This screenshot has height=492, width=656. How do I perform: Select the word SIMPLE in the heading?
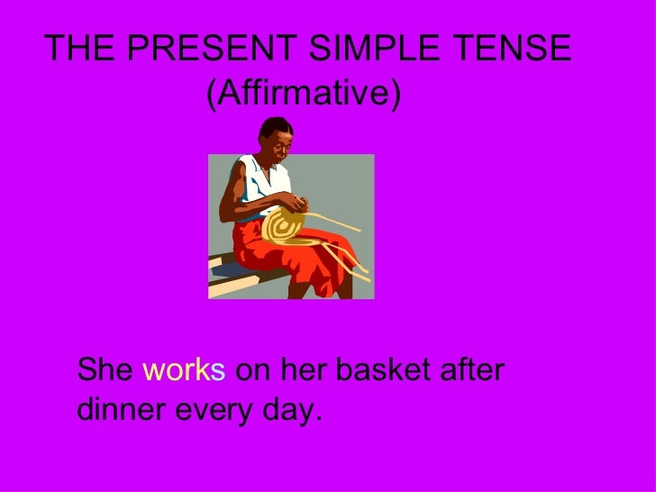372,48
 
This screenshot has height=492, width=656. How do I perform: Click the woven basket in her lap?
288,221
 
